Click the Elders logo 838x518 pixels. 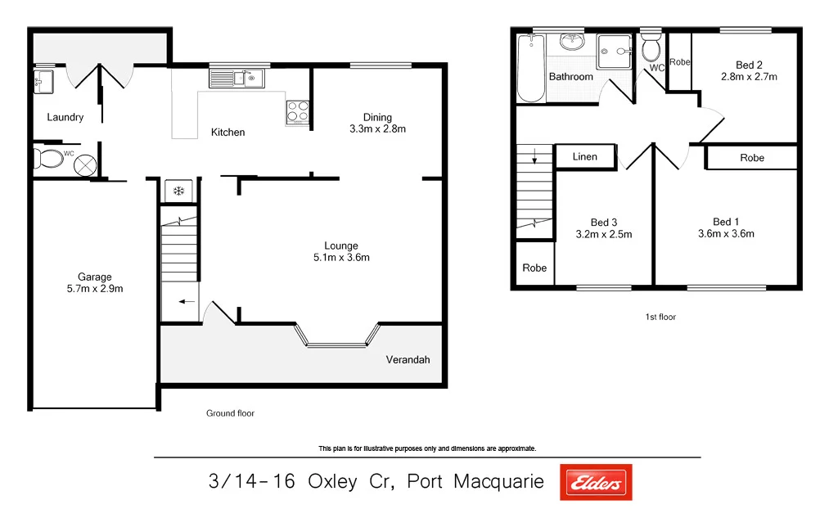tap(596, 482)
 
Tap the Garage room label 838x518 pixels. tap(95, 277)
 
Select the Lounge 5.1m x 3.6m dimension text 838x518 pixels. tap(341, 258)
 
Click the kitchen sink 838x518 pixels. tap(235, 79)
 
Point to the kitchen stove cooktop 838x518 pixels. tap(297, 112)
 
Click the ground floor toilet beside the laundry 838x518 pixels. tap(49, 159)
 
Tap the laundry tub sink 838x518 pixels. tap(43, 80)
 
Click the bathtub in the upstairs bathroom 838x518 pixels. tap(531, 70)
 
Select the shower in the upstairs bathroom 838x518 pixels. tap(615, 52)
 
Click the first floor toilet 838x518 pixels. tap(651, 48)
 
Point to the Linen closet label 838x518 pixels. tap(584, 156)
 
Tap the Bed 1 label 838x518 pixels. tap(725, 222)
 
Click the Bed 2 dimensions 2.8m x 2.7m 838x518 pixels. tap(748, 77)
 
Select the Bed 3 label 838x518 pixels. tap(603, 223)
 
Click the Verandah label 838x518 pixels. tap(408, 359)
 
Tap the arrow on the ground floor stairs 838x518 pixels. tap(187, 302)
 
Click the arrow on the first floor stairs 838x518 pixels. tap(534, 155)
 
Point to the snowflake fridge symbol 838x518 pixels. tap(178, 191)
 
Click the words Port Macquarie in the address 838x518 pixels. tap(475, 482)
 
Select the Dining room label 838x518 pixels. tap(377, 117)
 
